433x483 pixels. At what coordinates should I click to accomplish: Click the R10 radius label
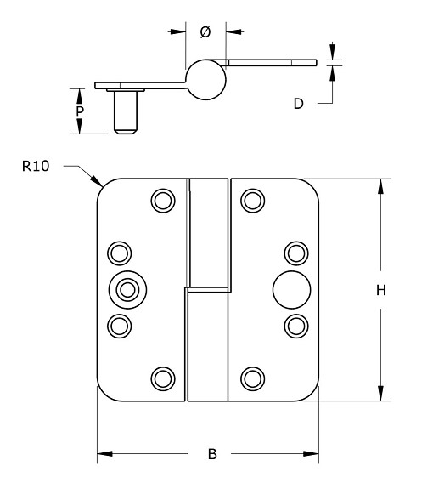[x=36, y=167]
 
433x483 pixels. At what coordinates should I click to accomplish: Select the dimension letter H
[x=381, y=290]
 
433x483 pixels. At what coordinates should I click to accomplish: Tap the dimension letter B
[x=212, y=454]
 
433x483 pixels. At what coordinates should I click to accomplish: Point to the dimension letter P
[x=79, y=111]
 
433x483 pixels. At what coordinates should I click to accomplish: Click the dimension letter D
[x=298, y=104]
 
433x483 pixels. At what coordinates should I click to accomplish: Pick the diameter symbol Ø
[x=205, y=32]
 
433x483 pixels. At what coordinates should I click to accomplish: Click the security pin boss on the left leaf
[x=127, y=290]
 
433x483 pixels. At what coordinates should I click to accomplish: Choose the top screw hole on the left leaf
[x=161, y=200]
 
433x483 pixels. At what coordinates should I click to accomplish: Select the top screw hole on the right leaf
[x=252, y=200]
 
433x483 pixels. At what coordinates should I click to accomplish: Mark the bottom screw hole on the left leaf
[x=161, y=378]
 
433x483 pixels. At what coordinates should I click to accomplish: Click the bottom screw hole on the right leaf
[x=252, y=378]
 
